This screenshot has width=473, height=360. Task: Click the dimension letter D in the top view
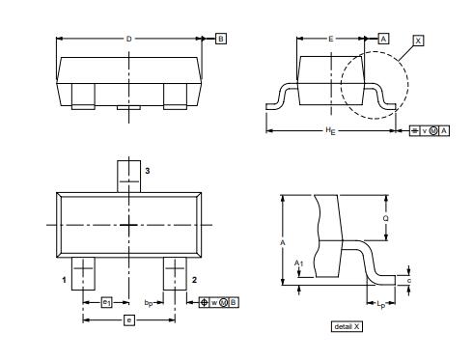coord(129,39)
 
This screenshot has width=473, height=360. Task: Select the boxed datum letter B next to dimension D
coord(221,39)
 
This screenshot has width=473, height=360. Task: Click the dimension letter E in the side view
coord(331,39)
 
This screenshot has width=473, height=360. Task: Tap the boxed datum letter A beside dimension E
coord(383,39)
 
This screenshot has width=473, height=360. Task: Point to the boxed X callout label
coord(418,40)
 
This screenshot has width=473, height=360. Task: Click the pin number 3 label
coord(148,170)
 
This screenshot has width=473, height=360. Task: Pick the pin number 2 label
coord(195,279)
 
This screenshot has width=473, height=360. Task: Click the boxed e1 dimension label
coord(107,302)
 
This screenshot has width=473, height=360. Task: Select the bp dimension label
coord(149,303)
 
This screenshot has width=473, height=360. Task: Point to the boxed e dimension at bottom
coord(129,319)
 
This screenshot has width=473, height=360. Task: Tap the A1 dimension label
coord(297,262)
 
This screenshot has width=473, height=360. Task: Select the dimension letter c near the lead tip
coord(411,280)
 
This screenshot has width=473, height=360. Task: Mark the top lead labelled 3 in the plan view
coord(129,175)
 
